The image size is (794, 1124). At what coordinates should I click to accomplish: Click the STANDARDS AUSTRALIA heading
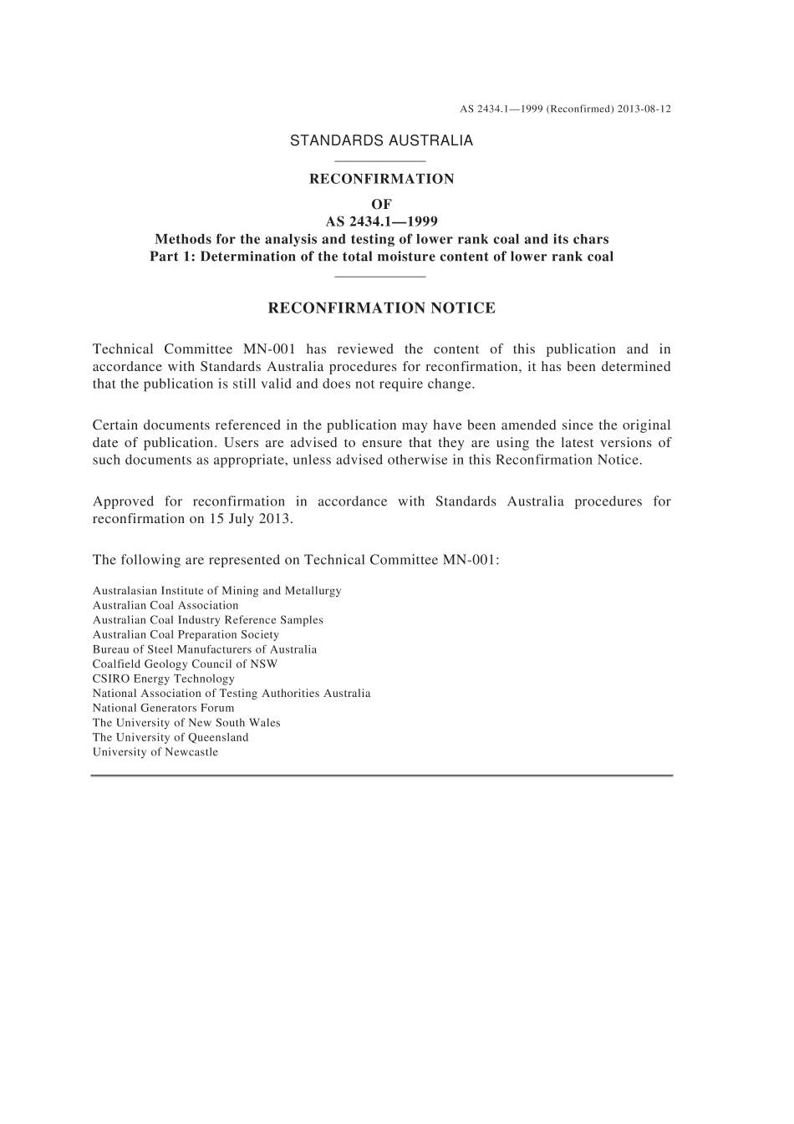pyautogui.click(x=381, y=140)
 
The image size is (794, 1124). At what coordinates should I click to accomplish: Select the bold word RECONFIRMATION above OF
pyautogui.click(x=381, y=179)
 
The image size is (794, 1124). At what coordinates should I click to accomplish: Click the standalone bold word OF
pyautogui.click(x=381, y=203)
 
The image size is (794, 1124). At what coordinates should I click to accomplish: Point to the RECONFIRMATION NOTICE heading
pyautogui.click(x=381, y=308)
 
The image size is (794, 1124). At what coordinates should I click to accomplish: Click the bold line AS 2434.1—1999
pyautogui.click(x=381, y=221)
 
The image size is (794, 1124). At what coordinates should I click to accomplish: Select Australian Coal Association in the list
pyautogui.click(x=165, y=606)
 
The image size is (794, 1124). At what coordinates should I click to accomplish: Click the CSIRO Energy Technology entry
pyautogui.click(x=164, y=679)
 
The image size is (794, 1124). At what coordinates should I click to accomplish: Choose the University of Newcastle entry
pyautogui.click(x=155, y=752)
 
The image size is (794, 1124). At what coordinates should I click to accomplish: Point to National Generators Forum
pyautogui.click(x=164, y=708)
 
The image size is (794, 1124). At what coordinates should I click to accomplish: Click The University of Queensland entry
pyautogui.click(x=171, y=737)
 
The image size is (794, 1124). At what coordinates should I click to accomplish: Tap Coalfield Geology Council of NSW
pyautogui.click(x=185, y=664)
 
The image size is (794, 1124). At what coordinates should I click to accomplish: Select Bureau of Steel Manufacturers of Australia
pyautogui.click(x=205, y=649)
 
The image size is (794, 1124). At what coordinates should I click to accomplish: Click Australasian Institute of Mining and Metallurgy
pyautogui.click(x=217, y=591)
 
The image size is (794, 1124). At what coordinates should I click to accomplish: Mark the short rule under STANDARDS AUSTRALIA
pyautogui.click(x=380, y=160)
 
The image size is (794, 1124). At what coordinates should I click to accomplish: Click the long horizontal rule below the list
pyautogui.click(x=381, y=776)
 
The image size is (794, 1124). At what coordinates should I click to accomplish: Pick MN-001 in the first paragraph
pyautogui.click(x=270, y=349)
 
